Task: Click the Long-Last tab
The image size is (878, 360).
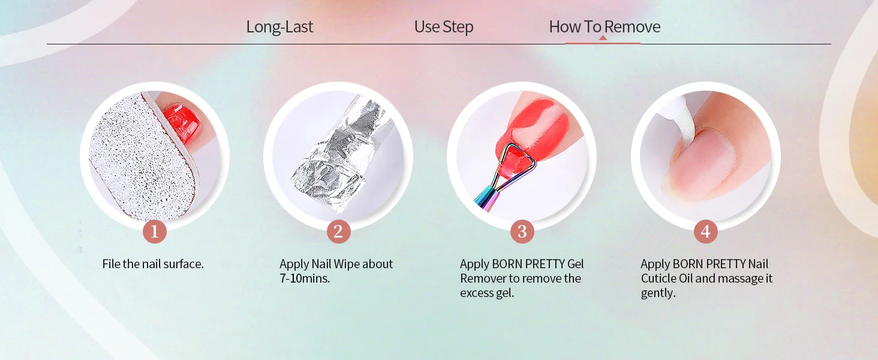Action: [279, 26]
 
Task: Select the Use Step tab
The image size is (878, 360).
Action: [444, 27]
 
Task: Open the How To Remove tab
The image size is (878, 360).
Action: [605, 26]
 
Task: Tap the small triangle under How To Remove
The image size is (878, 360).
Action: [603, 38]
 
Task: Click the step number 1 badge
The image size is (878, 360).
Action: [155, 232]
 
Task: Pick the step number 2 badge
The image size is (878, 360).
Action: [338, 232]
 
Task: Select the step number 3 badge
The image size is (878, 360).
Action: [522, 232]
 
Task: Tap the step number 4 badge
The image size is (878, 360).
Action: [705, 232]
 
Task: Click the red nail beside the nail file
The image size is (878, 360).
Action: [182, 123]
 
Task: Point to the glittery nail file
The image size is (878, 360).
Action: [143, 157]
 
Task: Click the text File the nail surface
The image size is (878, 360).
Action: [153, 264]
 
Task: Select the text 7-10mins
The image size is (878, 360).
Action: [305, 278]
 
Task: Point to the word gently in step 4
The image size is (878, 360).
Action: [658, 293]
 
